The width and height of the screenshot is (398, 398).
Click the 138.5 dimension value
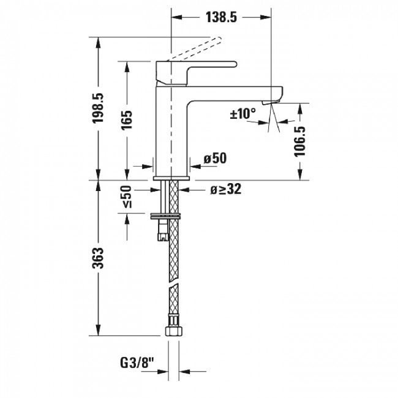pos(221,18)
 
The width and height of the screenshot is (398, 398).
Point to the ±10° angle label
pos(242,113)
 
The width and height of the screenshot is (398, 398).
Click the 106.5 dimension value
pos(299,143)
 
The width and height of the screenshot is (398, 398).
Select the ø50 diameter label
pos(215,159)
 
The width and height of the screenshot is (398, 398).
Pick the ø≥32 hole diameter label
pos(225,190)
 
